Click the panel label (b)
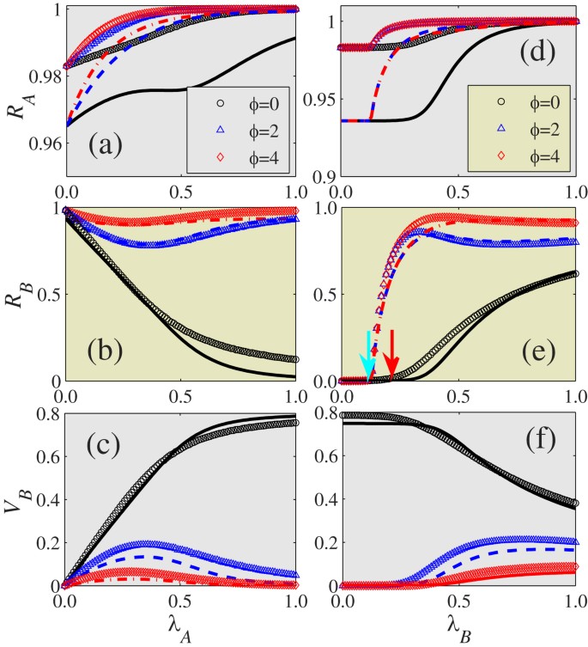(107, 351)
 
